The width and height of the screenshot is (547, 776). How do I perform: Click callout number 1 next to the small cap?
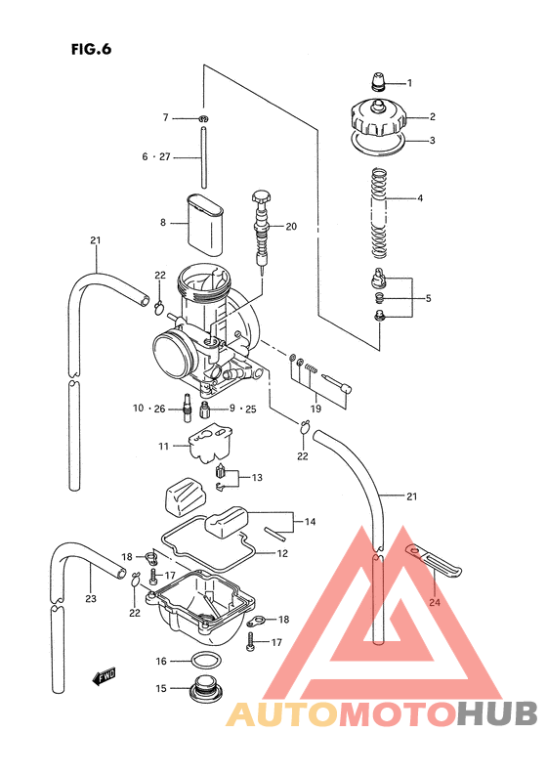click(x=409, y=83)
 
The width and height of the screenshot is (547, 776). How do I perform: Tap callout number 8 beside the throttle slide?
click(x=164, y=223)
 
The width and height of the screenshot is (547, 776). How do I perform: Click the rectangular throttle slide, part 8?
click(x=206, y=222)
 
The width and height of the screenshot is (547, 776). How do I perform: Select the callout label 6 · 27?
click(x=156, y=156)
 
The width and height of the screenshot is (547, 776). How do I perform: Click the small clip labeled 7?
click(x=203, y=118)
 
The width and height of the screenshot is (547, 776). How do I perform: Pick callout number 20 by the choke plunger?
click(x=291, y=227)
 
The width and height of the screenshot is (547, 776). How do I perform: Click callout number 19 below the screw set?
click(x=316, y=407)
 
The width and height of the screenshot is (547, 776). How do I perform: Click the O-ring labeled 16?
click(x=205, y=661)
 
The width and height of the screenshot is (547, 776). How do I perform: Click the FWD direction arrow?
click(x=102, y=674)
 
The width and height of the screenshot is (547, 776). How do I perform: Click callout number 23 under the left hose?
click(x=91, y=599)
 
